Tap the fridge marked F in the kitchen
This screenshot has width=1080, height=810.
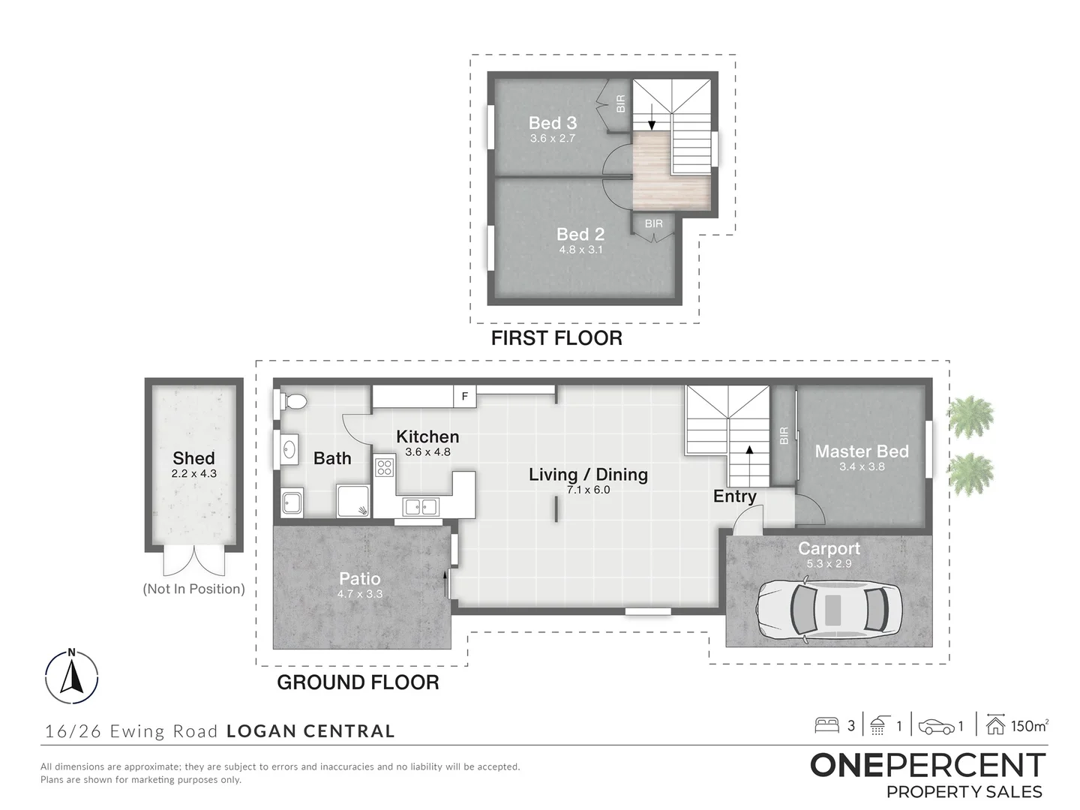[464, 397]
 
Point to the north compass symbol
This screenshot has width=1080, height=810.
[72, 676]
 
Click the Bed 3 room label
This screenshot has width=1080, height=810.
[553, 122]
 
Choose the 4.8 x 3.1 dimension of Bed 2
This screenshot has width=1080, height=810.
[580, 249]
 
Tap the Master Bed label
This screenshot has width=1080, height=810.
[862, 451]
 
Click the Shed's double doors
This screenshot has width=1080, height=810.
[193, 562]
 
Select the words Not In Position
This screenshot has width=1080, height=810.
[193, 589]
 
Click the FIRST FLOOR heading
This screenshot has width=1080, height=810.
[556, 337]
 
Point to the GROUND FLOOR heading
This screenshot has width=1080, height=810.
[358, 682]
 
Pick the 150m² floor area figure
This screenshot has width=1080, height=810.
[1029, 726]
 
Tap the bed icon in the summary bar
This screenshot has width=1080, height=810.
[826, 725]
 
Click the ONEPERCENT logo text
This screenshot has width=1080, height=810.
[928, 766]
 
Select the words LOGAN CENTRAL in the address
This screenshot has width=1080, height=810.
[311, 730]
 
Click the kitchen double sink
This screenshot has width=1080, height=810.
[421, 506]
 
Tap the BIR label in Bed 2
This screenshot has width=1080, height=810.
[653, 223]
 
